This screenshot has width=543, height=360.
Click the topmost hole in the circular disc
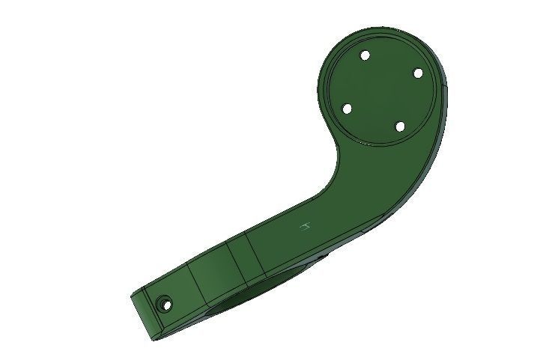365,55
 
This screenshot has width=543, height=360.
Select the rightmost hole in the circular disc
418,73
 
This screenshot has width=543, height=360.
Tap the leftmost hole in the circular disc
347,109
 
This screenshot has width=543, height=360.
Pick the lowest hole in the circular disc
400,126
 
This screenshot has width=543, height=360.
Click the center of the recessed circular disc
383,91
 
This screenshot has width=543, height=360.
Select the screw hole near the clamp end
163,303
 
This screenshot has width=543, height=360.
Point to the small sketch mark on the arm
305,227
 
